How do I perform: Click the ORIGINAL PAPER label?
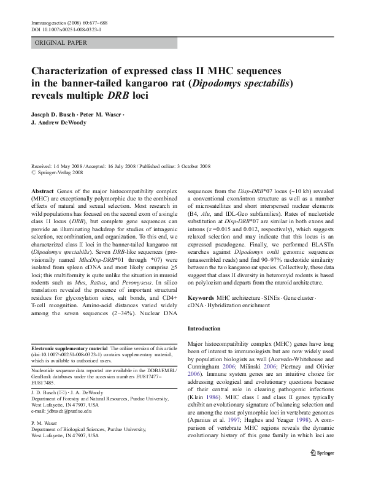61,43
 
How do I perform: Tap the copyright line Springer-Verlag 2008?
60,173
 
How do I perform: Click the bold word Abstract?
43,192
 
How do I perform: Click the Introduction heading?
207,329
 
